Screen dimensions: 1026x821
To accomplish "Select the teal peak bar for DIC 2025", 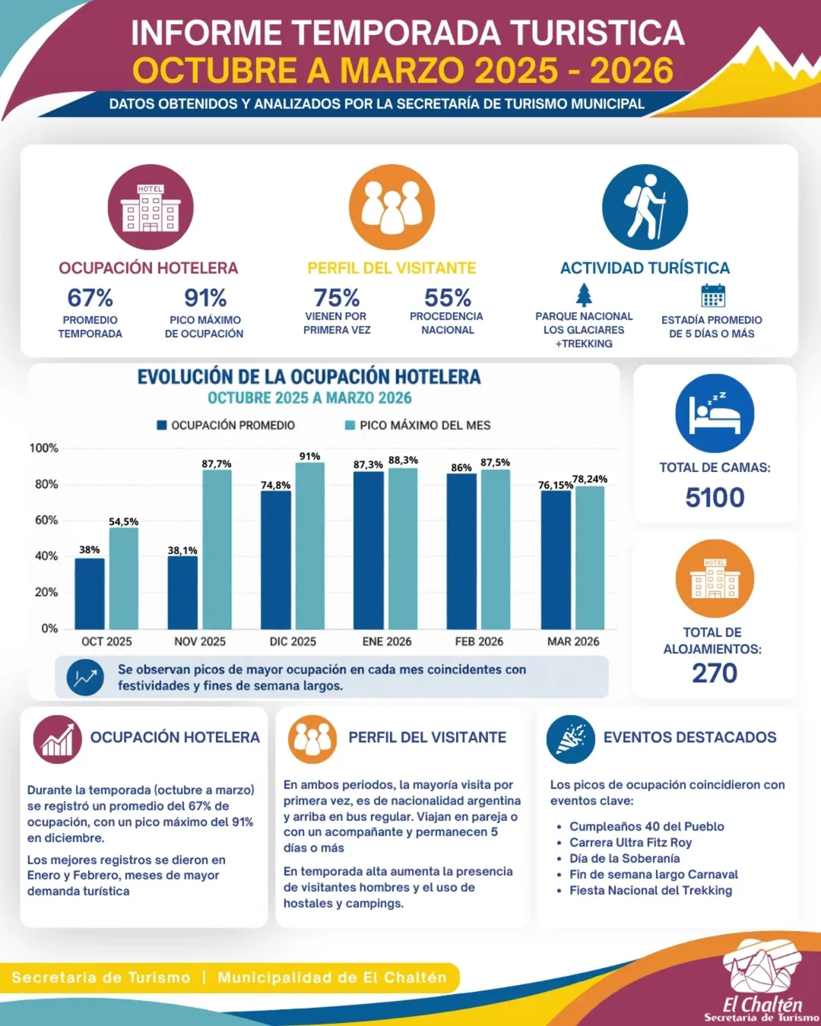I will pos(309,546).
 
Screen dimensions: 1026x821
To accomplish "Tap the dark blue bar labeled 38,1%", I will pos(182,592).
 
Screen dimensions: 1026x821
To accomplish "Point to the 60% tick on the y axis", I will pos(46,520).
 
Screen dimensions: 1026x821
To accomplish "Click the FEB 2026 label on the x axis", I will pos(479,641).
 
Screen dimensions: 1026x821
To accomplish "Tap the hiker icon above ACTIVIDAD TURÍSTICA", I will pos(645,207).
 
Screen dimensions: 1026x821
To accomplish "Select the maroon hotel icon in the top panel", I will pos(151,207).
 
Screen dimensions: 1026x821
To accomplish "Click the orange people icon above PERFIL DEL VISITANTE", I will pos(391,207).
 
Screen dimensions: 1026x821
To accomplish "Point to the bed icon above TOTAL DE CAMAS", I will pos(715,413).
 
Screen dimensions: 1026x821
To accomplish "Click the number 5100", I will pos(715,498).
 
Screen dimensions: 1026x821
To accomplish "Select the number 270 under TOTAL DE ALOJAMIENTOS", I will pos(715,673).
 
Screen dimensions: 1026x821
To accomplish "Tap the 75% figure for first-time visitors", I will pos(337,297).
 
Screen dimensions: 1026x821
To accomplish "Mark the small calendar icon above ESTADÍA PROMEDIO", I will pos(713,295).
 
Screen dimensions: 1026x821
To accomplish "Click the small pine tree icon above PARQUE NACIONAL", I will pos(584,294).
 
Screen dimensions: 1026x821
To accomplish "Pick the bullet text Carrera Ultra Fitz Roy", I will pos(630,842).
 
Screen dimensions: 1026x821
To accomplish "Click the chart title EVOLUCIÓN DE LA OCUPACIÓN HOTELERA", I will pos(309,377).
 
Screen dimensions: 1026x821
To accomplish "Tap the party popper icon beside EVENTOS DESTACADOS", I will pos(570,739).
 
